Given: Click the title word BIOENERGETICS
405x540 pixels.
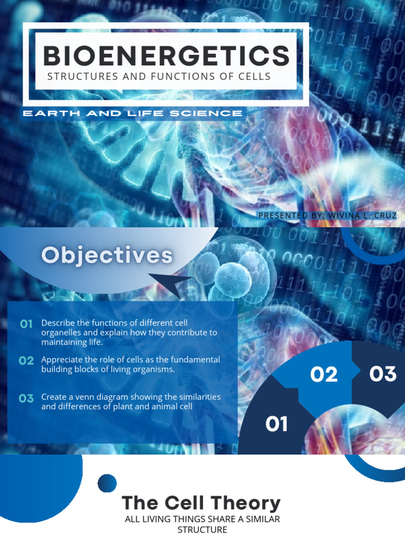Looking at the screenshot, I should [166, 55].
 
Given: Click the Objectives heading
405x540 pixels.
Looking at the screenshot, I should [107, 256].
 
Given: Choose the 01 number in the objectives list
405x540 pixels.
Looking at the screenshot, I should [26, 323].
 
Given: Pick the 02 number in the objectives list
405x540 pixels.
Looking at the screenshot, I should [26, 361].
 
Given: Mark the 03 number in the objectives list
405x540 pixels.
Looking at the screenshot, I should [26, 398].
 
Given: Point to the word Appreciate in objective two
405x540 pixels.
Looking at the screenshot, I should [63, 360].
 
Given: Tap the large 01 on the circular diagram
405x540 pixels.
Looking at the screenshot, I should [276, 423].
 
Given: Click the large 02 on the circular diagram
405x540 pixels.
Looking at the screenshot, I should [324, 374].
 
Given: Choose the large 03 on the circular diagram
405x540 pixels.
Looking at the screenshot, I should [382, 374].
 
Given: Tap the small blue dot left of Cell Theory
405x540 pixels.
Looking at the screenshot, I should [107, 483].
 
